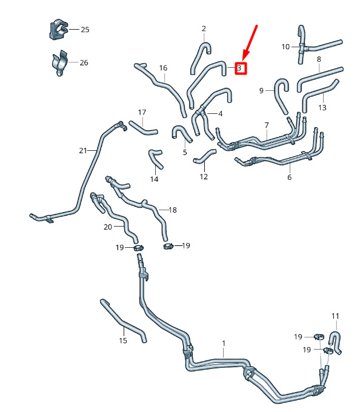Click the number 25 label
click(x=85, y=30)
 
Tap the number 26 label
click(x=84, y=62)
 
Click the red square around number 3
click(x=241, y=68)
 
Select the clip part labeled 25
click(x=58, y=29)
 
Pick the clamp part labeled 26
click(x=59, y=63)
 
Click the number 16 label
click(x=163, y=68)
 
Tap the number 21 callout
click(x=83, y=150)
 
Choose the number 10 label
click(x=285, y=47)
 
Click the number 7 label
click(x=267, y=125)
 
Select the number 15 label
click(x=123, y=341)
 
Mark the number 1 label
click(x=224, y=344)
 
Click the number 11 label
click(x=335, y=316)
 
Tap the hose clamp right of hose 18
click(x=168, y=247)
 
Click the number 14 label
click(x=155, y=179)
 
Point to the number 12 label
click(x=204, y=176)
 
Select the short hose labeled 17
click(x=143, y=128)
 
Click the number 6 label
click(x=289, y=178)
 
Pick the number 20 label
click(x=108, y=227)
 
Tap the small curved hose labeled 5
click(x=181, y=132)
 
